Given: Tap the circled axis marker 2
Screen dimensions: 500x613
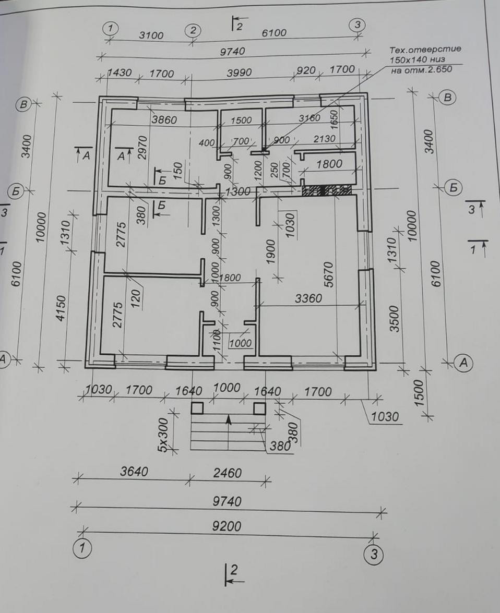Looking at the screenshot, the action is coord(193,30).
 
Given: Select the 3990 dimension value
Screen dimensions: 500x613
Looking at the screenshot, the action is coord(239,73).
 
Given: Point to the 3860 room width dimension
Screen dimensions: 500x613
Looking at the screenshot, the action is coord(164,119).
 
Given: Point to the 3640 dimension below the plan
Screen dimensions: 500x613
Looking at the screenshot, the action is coord(134,472).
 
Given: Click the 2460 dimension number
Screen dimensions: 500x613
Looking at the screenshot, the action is coord(228,473).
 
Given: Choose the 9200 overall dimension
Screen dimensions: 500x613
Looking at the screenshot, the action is coord(227,526).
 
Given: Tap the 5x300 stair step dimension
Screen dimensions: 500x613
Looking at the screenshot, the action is coord(163,434).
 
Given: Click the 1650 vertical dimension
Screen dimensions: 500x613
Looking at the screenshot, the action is coord(335,119).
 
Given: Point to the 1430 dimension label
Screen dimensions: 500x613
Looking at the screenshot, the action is coord(120,73).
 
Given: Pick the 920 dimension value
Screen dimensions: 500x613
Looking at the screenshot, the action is coord(306,70).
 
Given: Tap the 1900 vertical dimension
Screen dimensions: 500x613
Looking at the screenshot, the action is coord(270,252).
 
